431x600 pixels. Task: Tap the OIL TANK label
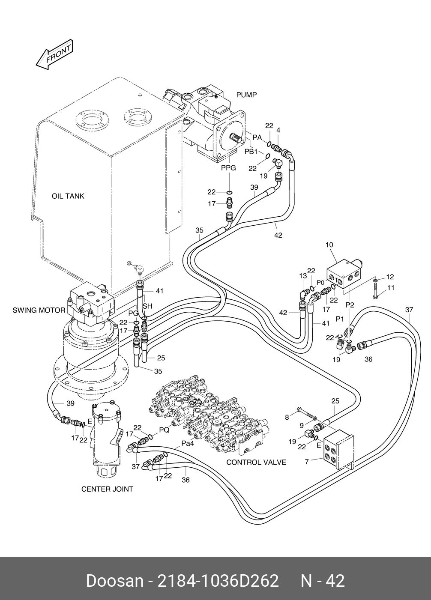point(68,196)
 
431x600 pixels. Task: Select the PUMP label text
point(247,95)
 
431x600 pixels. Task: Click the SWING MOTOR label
point(39,310)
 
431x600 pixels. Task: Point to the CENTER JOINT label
point(107,489)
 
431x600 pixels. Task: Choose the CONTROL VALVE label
point(256,462)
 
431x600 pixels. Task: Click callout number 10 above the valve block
point(329,245)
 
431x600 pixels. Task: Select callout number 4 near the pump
point(278,130)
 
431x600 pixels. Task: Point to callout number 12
point(390,277)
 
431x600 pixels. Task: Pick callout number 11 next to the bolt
point(390,288)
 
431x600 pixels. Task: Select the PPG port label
point(228,168)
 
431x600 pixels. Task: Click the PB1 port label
point(251,152)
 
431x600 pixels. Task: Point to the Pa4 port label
point(188,444)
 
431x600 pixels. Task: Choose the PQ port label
point(164,430)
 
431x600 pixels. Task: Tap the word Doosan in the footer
point(114,581)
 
